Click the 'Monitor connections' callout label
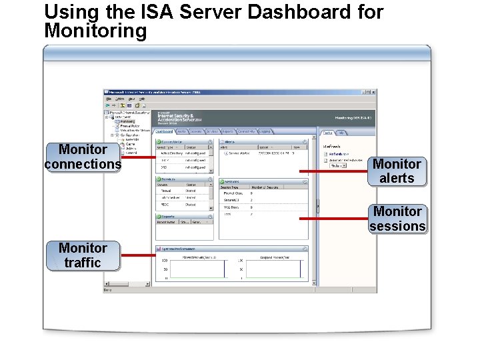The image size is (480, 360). click(x=83, y=157)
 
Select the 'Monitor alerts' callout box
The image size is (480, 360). click(x=397, y=171)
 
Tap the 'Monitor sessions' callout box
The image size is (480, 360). click(x=397, y=219)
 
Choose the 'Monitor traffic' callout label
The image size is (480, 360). click(x=83, y=255)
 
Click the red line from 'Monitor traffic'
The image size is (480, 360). click(x=137, y=255)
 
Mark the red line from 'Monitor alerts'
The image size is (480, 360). click(x=333, y=171)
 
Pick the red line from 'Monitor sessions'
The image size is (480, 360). click(x=333, y=219)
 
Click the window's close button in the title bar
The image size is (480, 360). click(x=373, y=92)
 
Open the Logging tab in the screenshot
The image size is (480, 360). click(x=265, y=131)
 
